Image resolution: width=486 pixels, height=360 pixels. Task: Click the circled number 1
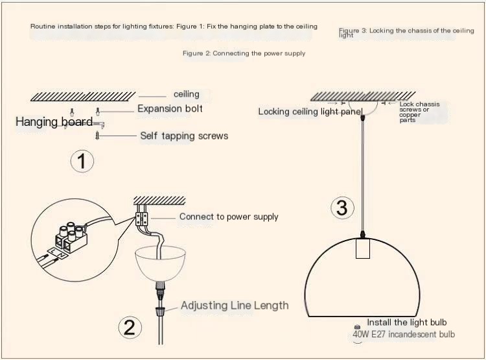(82, 161)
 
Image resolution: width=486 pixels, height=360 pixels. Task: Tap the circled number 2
(130, 328)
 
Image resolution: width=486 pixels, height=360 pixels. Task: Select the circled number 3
(342, 208)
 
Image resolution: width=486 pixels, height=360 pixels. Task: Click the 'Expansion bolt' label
(170, 108)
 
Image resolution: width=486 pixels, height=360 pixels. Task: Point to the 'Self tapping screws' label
(184, 136)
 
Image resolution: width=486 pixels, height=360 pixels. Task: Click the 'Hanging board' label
(54, 122)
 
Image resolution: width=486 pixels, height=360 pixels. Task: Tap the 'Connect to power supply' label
(229, 217)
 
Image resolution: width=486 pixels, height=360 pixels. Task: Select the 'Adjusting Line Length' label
(235, 306)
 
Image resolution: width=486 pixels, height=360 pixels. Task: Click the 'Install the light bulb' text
(407, 322)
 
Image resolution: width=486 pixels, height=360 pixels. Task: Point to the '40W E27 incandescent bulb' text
(404, 334)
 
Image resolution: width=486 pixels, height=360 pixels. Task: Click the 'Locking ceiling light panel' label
(310, 112)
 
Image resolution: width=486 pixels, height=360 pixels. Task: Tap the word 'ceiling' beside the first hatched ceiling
(186, 94)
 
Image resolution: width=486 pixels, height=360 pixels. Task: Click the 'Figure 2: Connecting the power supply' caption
(244, 53)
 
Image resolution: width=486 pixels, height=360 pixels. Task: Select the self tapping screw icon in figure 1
(97, 136)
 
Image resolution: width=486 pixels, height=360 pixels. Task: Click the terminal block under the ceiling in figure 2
(142, 219)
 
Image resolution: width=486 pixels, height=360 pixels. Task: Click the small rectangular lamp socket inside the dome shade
(363, 248)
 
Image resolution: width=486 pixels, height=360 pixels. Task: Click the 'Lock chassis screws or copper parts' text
(419, 112)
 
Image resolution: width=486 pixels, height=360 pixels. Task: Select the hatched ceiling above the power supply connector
(159, 200)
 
